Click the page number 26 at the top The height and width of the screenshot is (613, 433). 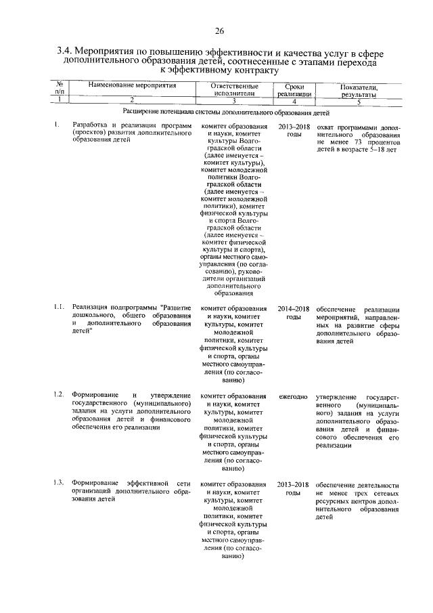click(x=219, y=31)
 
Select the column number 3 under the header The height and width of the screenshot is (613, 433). click(x=233, y=100)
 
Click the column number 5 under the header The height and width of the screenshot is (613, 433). click(x=359, y=100)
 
